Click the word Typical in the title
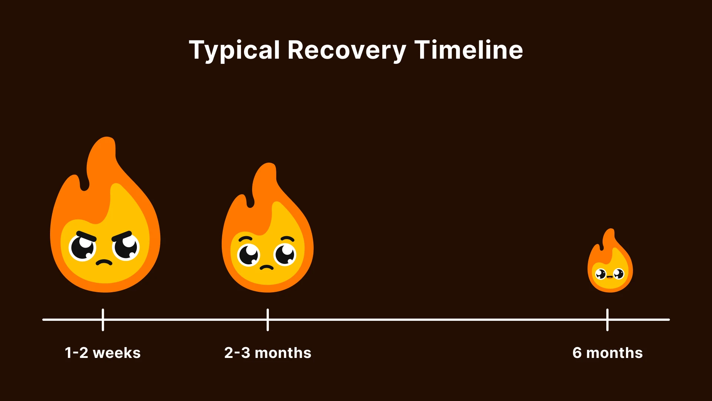(234, 50)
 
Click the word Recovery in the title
(346, 50)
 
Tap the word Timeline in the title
(468, 50)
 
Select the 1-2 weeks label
(103, 353)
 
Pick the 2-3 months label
(268, 353)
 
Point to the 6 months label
(607, 353)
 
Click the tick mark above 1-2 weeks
(103, 319)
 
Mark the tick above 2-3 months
(268, 319)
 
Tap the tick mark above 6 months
(607, 319)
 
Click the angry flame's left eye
(83, 248)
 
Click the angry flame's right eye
(126, 247)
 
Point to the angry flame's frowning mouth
(104, 263)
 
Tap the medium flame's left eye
(249, 255)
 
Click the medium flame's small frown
(267, 267)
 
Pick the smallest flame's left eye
(600, 274)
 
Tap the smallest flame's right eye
(619, 274)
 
